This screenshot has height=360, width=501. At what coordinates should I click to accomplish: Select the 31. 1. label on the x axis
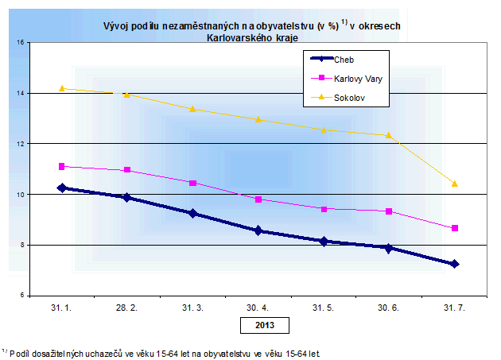[62, 308]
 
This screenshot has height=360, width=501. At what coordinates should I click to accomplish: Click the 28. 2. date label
[127, 308]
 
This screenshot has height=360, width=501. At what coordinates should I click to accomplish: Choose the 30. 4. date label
[258, 308]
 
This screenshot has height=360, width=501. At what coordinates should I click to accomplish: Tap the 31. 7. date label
[454, 308]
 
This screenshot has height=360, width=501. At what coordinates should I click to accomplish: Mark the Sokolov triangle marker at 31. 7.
[454, 184]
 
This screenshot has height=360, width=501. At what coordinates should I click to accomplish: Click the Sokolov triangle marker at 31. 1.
[62, 88]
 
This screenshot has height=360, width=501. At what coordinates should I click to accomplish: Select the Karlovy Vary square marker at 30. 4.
[258, 199]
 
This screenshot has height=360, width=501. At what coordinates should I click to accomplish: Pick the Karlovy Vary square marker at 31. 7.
[454, 228]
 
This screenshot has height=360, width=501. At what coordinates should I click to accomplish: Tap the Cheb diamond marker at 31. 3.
[192, 214]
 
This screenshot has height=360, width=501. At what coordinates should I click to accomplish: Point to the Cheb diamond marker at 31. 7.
[454, 264]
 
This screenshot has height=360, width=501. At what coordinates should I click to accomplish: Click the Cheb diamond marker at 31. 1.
[62, 188]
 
